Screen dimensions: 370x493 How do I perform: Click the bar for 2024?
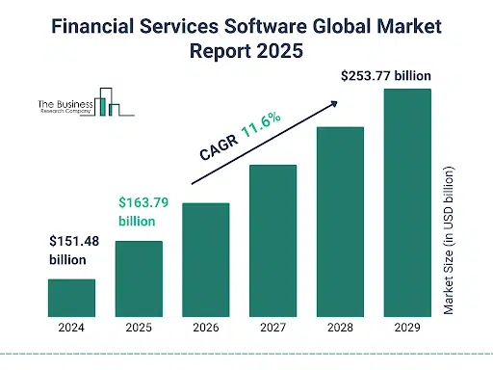(72, 297)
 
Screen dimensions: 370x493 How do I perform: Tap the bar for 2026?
(206, 258)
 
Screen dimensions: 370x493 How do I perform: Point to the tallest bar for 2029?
(407, 201)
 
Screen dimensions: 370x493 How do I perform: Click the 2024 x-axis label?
(72, 328)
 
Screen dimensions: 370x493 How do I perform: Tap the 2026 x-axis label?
(206, 328)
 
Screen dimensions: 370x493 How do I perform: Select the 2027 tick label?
(273, 328)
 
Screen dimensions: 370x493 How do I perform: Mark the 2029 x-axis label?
(407, 328)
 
